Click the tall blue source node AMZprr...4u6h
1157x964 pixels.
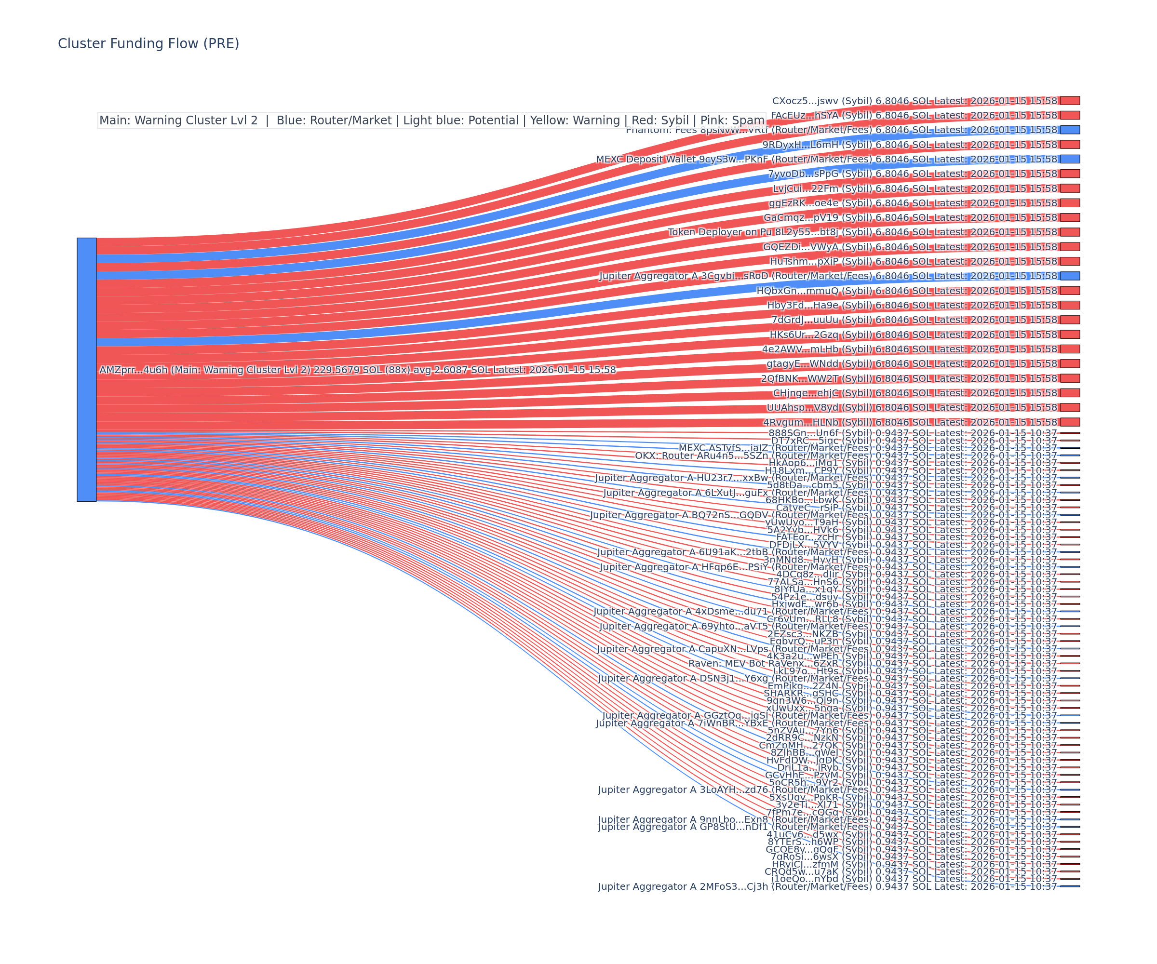coord(86,370)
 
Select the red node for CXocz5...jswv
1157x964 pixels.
coord(1070,101)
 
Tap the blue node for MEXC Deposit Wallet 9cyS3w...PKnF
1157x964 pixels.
coord(1070,159)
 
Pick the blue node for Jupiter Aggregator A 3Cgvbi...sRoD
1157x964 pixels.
coord(1070,276)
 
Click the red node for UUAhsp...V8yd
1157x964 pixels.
coord(1070,408)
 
